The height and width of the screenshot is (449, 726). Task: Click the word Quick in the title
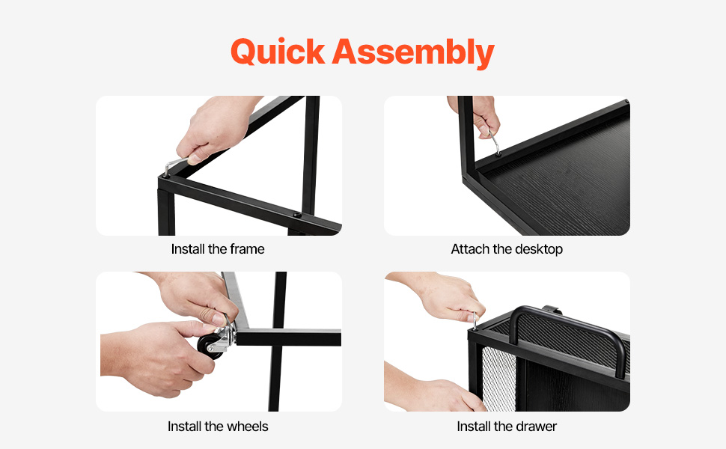point(278,52)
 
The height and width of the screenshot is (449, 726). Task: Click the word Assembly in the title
point(413,52)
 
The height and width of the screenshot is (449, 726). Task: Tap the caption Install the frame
point(218,249)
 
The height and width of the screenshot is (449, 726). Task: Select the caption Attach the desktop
point(507,249)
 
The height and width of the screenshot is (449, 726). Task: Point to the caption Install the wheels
point(218,427)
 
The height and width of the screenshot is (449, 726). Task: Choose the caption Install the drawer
point(507,427)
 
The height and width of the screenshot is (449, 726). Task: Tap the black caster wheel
point(210,346)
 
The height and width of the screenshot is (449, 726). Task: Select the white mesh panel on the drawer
point(498,378)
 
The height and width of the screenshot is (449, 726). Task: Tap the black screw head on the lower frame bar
point(297,216)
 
